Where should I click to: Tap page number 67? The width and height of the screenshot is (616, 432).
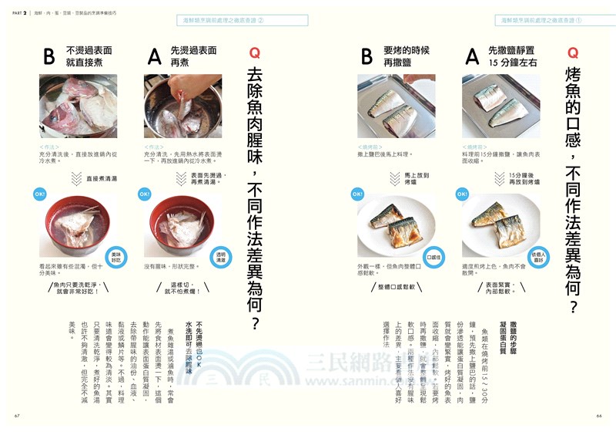point(16,417)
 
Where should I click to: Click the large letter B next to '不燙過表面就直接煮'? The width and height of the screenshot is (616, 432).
point(49,56)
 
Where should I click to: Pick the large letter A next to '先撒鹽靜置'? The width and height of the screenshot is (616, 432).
point(471,56)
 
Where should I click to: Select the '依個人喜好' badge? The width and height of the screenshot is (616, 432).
point(537,256)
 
